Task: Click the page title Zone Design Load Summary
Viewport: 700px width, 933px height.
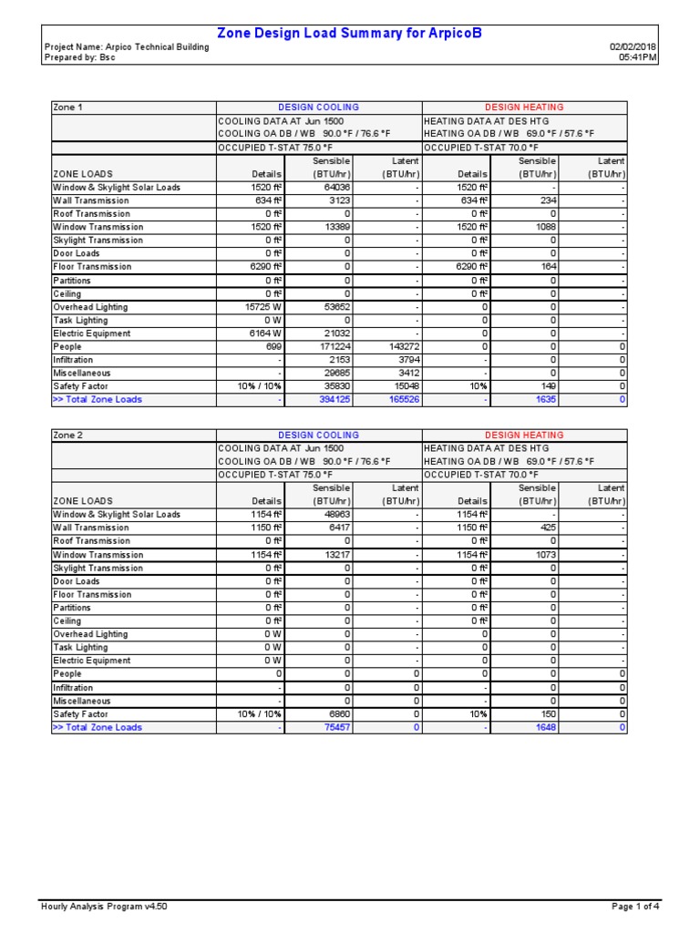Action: (349, 34)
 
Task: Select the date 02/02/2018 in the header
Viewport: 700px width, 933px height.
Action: (633, 47)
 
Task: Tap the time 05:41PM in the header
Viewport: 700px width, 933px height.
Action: (638, 57)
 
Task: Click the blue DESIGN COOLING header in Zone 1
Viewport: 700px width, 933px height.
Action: (318, 108)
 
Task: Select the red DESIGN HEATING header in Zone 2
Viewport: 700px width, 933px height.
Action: (524, 436)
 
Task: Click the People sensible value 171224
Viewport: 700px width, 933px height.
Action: (332, 347)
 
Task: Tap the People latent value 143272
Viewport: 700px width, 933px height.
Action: (400, 347)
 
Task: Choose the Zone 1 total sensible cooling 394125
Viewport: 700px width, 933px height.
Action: (332, 400)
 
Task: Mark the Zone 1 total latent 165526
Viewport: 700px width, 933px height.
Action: (400, 400)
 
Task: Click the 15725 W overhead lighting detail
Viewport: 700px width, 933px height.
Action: (262, 307)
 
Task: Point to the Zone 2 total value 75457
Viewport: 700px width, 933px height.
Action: (335, 728)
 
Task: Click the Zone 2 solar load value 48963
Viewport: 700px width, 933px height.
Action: (335, 515)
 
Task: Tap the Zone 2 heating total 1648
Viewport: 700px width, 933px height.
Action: (546, 728)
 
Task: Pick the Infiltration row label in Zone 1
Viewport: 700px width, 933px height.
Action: (79, 360)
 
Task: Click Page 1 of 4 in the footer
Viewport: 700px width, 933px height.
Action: (634, 907)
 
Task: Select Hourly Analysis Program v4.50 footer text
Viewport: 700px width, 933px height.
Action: (104, 907)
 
